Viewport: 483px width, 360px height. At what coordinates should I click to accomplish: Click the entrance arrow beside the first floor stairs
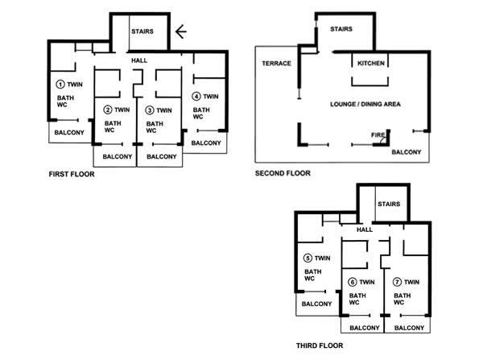pos(181,31)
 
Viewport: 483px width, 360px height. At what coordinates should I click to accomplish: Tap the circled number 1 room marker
pos(60,84)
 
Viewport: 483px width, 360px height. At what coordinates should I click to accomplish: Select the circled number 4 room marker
pos(196,97)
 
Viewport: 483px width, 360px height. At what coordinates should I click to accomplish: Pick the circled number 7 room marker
pos(397,282)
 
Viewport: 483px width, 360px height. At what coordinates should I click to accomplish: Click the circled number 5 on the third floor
pos(308,258)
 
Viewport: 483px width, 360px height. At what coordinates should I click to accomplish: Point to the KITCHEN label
pos(371,63)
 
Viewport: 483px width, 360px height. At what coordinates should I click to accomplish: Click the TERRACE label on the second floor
pos(276,63)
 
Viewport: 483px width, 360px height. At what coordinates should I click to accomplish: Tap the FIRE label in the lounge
pos(378,135)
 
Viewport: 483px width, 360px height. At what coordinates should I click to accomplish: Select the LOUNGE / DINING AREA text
pos(365,104)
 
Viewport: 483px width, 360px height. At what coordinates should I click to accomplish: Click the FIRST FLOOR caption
pos(72,174)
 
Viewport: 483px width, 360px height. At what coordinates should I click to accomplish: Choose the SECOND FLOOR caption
pos(283,173)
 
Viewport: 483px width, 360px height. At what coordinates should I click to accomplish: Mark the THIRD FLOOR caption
pos(320,346)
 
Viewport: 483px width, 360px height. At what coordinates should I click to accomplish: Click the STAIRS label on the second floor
pos(341,29)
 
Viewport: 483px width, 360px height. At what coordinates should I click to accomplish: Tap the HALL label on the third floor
pos(365,230)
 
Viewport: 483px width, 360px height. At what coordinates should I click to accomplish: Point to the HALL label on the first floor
pos(139,60)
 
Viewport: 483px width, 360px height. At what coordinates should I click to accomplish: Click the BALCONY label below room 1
pos(69,133)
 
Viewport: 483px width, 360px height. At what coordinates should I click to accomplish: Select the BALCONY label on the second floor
pos(406,152)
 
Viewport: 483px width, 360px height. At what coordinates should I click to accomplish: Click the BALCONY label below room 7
pos(409,328)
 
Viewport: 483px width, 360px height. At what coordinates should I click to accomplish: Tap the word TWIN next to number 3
pos(164,110)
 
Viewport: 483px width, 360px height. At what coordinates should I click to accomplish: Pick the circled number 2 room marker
pos(108,110)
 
